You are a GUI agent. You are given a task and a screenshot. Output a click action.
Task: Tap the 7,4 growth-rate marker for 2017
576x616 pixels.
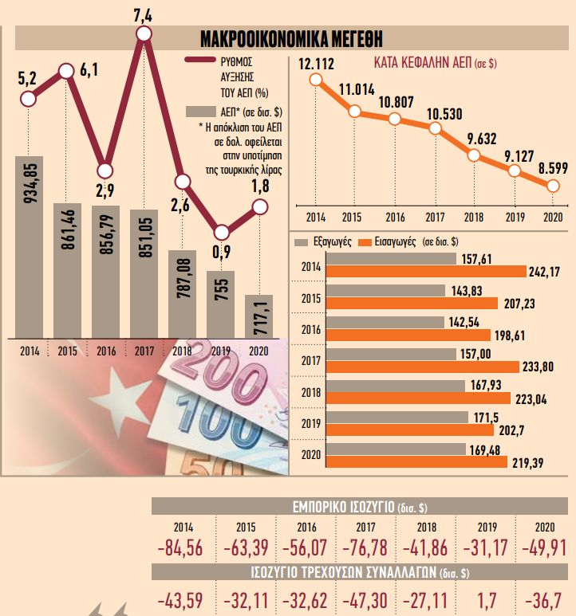pyautogui.click(x=144, y=33)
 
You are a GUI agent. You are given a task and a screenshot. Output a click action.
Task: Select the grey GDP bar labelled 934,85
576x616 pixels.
pyautogui.click(x=29, y=245)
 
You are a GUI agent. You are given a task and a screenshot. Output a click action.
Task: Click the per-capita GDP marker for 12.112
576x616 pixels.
pyautogui.click(x=316, y=80)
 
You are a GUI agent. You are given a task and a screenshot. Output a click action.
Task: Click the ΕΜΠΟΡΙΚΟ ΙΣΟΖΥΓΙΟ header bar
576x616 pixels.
pyautogui.click(x=361, y=508)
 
